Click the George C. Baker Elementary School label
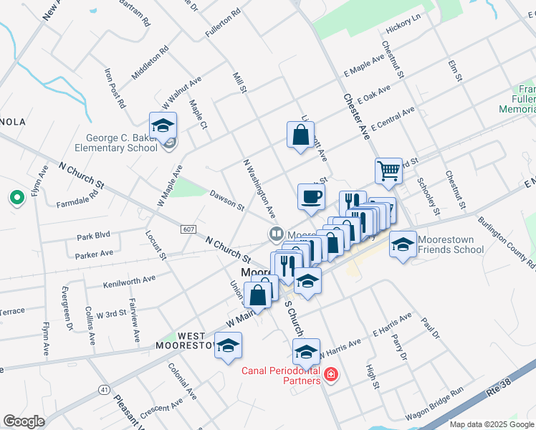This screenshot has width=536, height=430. click(x=122, y=143)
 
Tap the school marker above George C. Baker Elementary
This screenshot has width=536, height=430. click(x=163, y=125)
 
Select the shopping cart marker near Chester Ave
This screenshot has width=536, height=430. click(x=388, y=171)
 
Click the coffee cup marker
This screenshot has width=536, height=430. click(x=310, y=196)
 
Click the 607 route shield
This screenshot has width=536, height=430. click(x=188, y=229)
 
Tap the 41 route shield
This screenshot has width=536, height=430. click(x=104, y=390)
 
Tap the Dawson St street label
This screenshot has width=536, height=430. click(x=227, y=199)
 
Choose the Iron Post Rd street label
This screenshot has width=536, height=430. click(x=115, y=87)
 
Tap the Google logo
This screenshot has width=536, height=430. click(x=24, y=421)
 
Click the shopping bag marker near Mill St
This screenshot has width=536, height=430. click(x=300, y=133)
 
